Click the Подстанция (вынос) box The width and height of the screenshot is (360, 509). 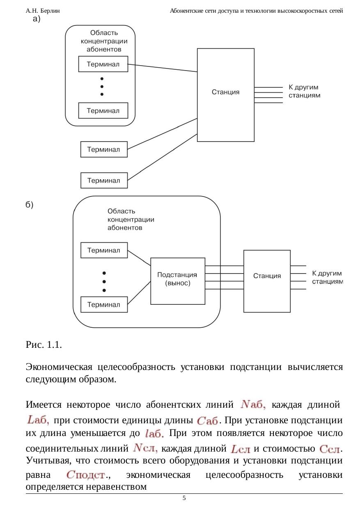(x=177, y=281)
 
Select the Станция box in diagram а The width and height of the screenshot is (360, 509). (x=225, y=95)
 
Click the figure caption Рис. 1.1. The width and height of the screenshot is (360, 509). (x=44, y=345)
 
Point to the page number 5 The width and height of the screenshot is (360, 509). (x=184, y=498)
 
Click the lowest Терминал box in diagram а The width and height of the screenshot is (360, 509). (x=104, y=180)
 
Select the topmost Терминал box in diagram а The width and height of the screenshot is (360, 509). (x=103, y=64)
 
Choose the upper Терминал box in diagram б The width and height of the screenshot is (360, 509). (x=104, y=250)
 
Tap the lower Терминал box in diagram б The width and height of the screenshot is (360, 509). (x=104, y=304)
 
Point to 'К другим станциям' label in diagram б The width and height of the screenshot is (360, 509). (x=327, y=277)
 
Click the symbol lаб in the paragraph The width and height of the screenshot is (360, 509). (x=155, y=434)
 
